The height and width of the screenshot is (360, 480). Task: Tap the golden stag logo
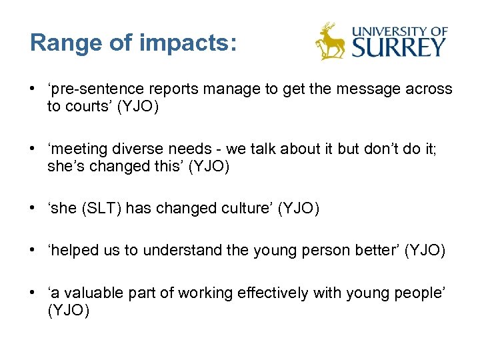[330, 41]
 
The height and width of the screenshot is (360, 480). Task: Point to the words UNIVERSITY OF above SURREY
[399, 31]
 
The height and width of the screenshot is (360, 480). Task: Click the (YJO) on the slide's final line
[69, 311]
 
